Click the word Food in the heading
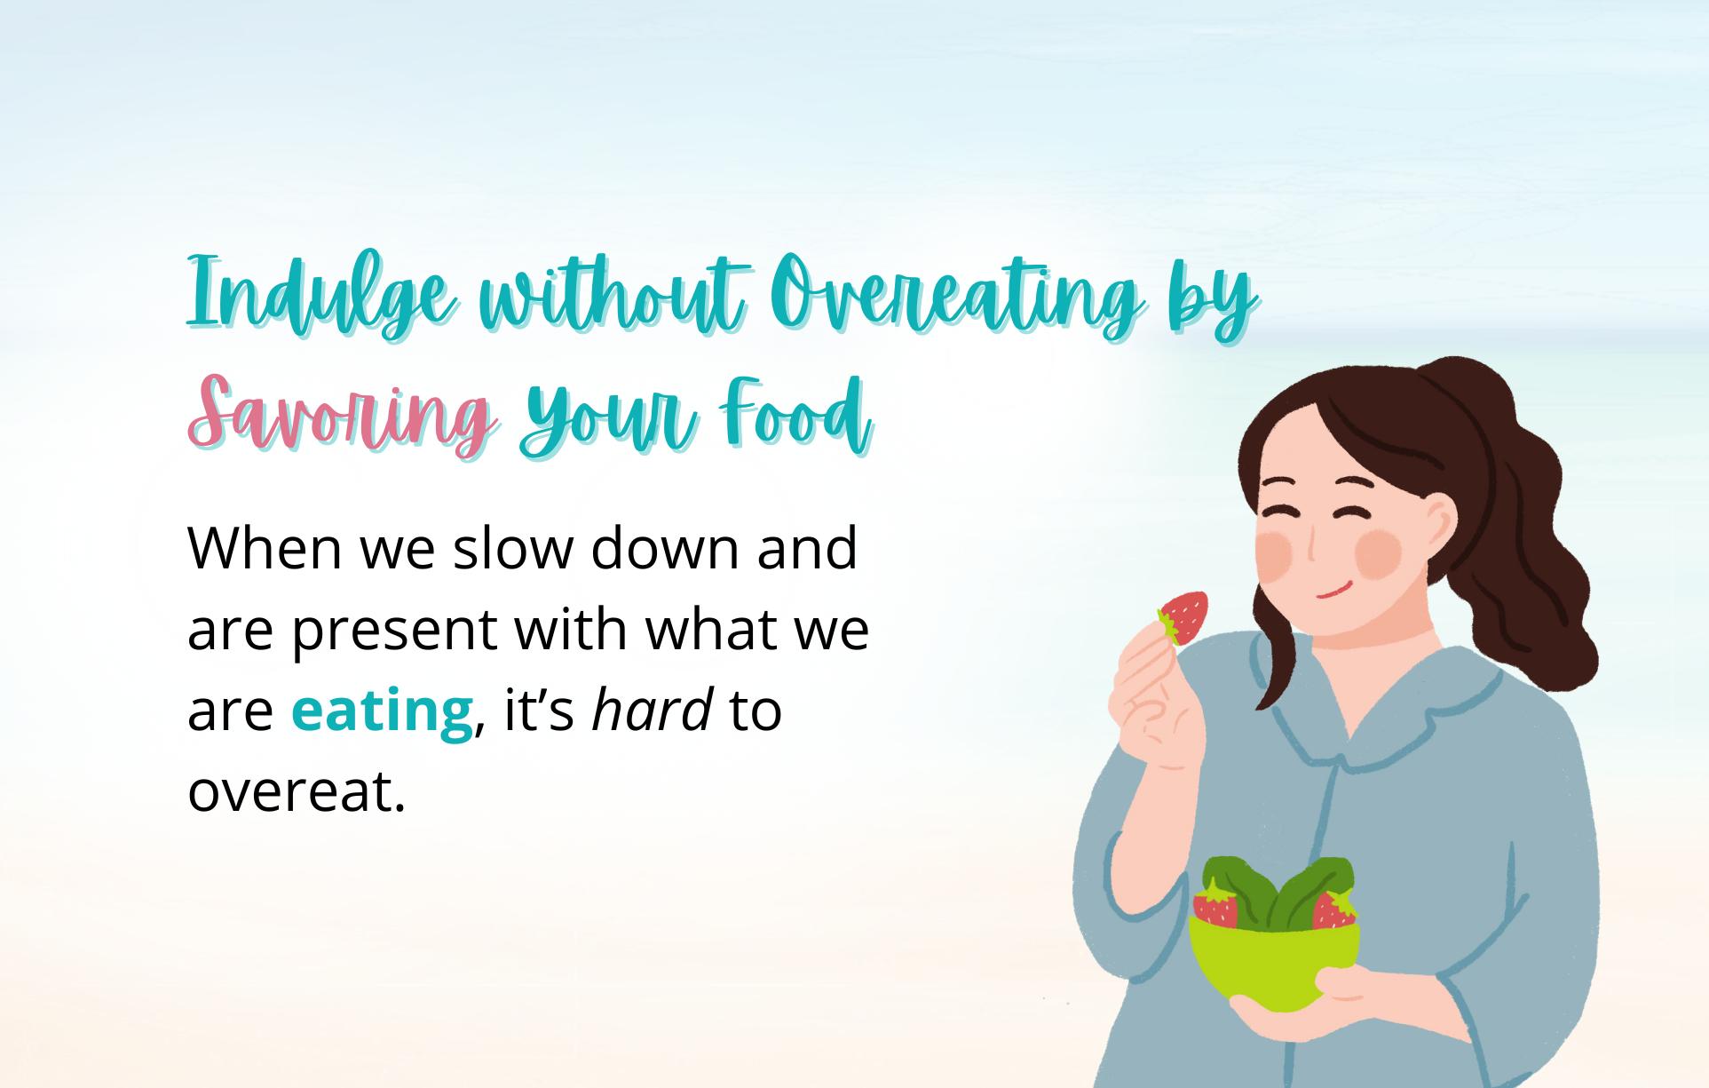[795, 414]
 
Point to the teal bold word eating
[382, 711]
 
